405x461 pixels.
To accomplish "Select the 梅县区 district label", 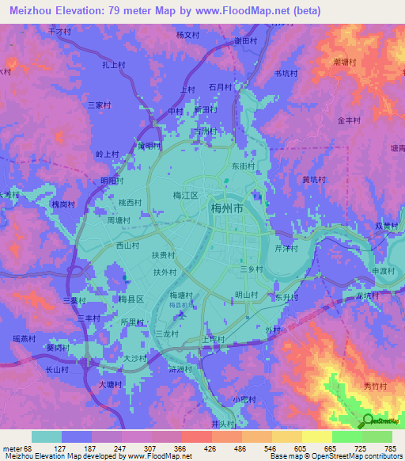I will (x=131, y=299).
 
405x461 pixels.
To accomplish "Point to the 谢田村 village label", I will (x=248, y=40).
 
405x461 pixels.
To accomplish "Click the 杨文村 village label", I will (x=187, y=35).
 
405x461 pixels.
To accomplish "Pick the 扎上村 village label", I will (x=115, y=66).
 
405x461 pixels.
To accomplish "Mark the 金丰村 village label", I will (x=349, y=121).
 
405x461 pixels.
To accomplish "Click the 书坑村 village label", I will (x=286, y=73).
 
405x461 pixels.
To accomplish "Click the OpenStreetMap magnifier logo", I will (x=368, y=421).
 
